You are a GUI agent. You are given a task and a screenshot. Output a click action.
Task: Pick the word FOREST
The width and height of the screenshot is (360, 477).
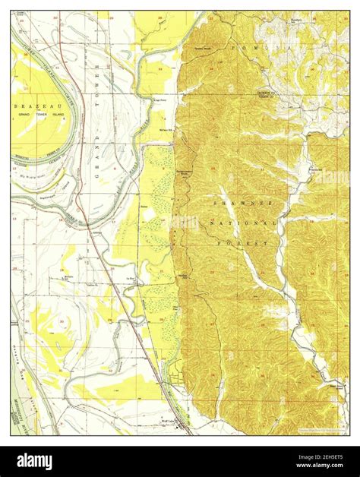251,242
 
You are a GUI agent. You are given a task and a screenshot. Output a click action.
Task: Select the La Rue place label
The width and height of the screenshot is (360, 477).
130,279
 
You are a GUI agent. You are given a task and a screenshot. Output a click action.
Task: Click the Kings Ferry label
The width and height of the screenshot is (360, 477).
159,98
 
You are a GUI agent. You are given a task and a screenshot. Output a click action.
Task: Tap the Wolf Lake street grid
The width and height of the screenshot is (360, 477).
180,427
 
